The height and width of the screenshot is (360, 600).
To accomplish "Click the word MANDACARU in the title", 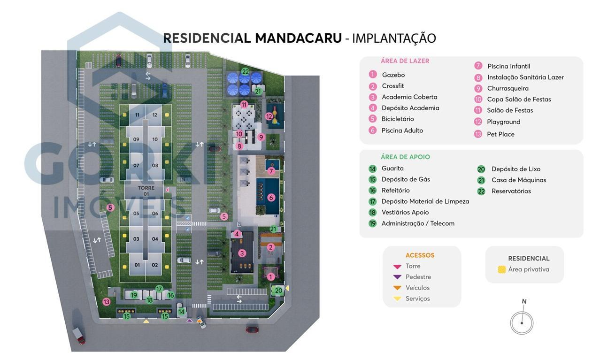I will tap(298, 38).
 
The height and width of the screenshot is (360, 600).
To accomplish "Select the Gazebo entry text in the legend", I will tap(393, 75).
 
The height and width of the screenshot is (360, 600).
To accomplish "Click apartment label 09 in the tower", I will tap(136, 139).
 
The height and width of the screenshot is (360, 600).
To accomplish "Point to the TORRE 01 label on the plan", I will tap(146, 191).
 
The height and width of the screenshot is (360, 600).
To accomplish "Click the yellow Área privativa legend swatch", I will tap(501, 269).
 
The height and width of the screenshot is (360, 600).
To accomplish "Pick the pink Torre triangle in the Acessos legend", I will tap(397, 266).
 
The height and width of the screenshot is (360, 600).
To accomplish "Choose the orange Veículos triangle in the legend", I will tap(397, 288).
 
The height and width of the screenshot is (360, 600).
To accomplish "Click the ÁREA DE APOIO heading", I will tap(405, 157).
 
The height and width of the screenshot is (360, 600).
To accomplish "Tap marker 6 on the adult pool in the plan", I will tap(271, 198).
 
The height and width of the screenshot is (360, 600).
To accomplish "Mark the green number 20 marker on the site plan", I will tap(278, 291).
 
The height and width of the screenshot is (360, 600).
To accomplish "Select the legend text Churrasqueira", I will tap(508, 88).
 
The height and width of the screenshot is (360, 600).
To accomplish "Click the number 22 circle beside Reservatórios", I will tap(481, 191).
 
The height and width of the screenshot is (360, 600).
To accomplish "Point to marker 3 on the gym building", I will tap(242, 253).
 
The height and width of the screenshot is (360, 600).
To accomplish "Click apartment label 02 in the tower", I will tap(155, 265).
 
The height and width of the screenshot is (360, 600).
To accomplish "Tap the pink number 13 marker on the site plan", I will tap(107, 302).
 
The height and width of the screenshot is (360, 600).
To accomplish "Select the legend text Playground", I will tap(503, 122).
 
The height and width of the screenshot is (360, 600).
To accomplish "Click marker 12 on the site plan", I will tap(269, 116).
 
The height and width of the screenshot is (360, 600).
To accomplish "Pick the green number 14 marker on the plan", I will tap(182, 312).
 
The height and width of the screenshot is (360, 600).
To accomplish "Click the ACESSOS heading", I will tap(420, 255).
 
